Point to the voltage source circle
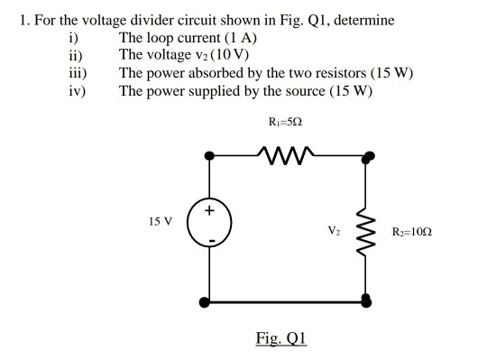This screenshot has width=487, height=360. click(209, 225)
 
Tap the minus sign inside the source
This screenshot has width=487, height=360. click(209, 241)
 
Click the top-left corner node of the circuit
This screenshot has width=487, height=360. click(209, 155)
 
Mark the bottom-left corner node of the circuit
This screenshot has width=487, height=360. click(209, 300)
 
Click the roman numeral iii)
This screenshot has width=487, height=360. click(77, 72)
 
